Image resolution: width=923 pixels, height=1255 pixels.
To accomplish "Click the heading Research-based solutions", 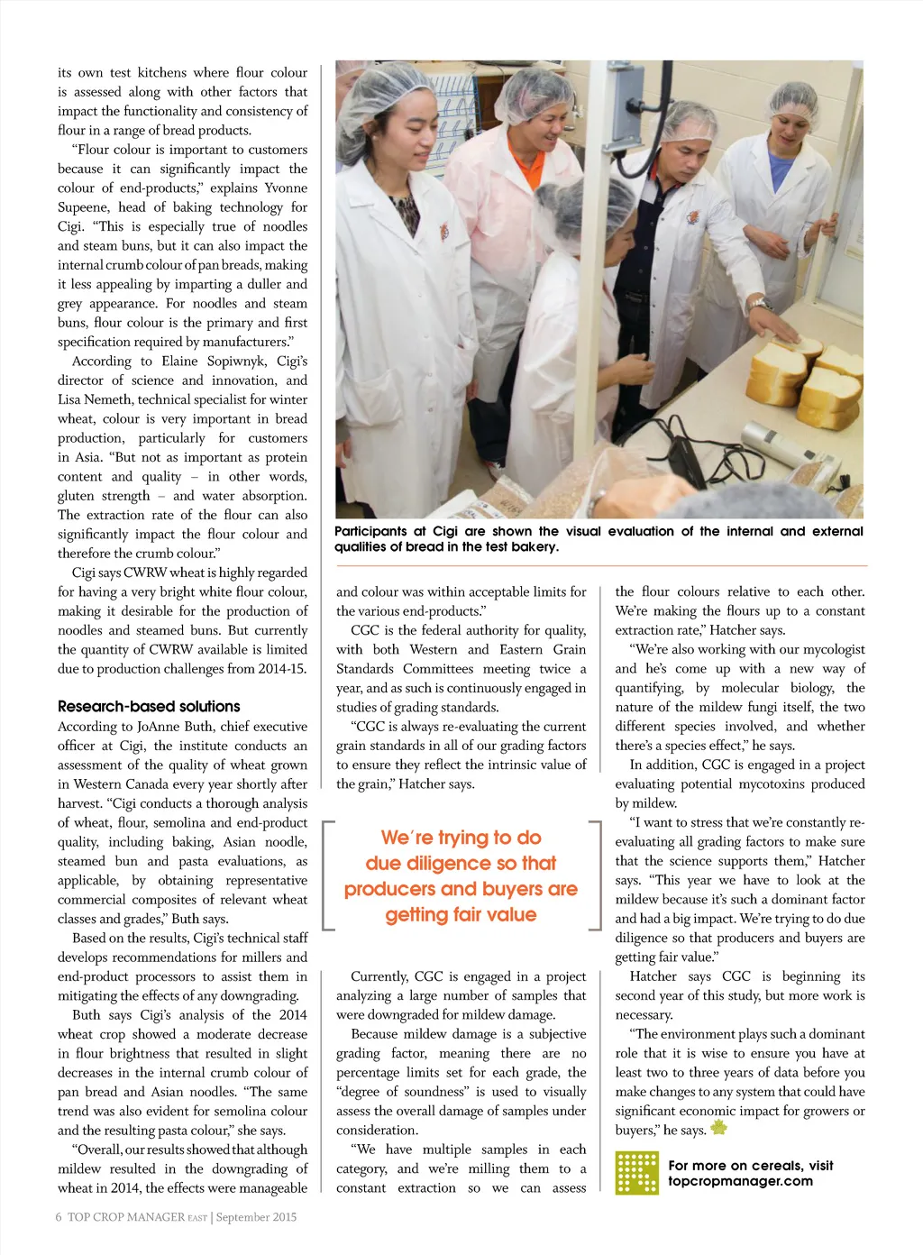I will coord(149,706).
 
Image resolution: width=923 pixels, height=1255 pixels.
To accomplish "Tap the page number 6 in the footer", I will coord(59,1216).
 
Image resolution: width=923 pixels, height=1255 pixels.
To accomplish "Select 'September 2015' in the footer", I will coord(256,1216).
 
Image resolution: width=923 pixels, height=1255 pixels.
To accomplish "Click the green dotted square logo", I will coord(636,1173).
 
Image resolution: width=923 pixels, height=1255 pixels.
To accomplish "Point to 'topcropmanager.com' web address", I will coord(740,1181).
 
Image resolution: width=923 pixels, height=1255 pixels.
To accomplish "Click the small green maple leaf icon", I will coord(718,1127).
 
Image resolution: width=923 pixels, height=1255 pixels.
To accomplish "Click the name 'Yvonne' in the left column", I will coord(286,188).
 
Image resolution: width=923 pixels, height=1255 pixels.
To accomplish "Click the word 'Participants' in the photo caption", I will coord(370,531).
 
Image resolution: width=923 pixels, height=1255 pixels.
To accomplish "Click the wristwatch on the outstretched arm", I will coord(760,304).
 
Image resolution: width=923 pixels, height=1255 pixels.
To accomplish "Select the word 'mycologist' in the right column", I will coord(832,649).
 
